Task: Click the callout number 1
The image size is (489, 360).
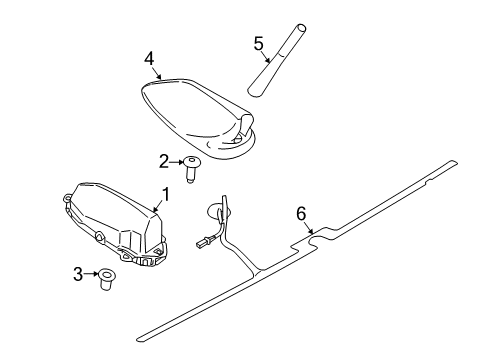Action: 165,194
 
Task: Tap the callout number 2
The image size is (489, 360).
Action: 164,162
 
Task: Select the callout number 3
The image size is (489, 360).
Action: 78,274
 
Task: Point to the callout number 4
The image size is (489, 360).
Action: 149,59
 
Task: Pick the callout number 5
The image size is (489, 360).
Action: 258,44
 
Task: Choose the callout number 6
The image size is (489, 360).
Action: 301,214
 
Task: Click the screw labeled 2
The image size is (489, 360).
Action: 191,169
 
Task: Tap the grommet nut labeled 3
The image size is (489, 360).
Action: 106,279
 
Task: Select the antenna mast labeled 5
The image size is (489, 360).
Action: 277,61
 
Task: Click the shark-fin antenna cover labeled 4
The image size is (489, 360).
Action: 198,117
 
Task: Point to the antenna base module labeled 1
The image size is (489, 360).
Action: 115,224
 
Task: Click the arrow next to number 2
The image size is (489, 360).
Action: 176,162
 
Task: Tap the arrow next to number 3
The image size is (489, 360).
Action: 90,274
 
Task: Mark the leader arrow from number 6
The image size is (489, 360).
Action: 309,227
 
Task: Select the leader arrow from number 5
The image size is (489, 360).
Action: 266,57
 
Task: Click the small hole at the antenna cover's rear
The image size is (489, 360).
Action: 238,140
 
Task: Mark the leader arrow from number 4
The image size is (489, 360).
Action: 157,73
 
